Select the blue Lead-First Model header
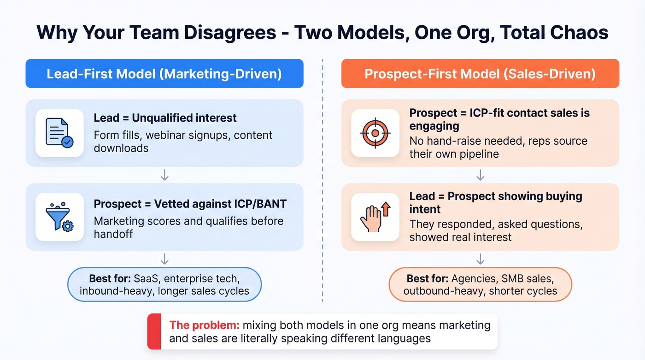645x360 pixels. (x=164, y=74)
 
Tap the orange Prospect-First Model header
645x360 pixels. (x=480, y=74)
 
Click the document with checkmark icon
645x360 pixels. (x=59, y=133)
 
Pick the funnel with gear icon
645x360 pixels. (x=59, y=217)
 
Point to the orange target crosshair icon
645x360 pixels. (x=375, y=133)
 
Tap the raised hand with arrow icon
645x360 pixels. (x=375, y=217)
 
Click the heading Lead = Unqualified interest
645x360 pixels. (x=165, y=118)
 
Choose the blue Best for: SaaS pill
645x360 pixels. (x=164, y=285)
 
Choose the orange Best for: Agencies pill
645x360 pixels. (x=480, y=285)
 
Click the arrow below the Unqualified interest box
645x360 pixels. (x=164, y=175)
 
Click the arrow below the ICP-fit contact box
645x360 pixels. (x=480, y=175)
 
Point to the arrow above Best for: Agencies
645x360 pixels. (x=480, y=259)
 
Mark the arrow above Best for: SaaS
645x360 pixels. (x=164, y=259)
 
